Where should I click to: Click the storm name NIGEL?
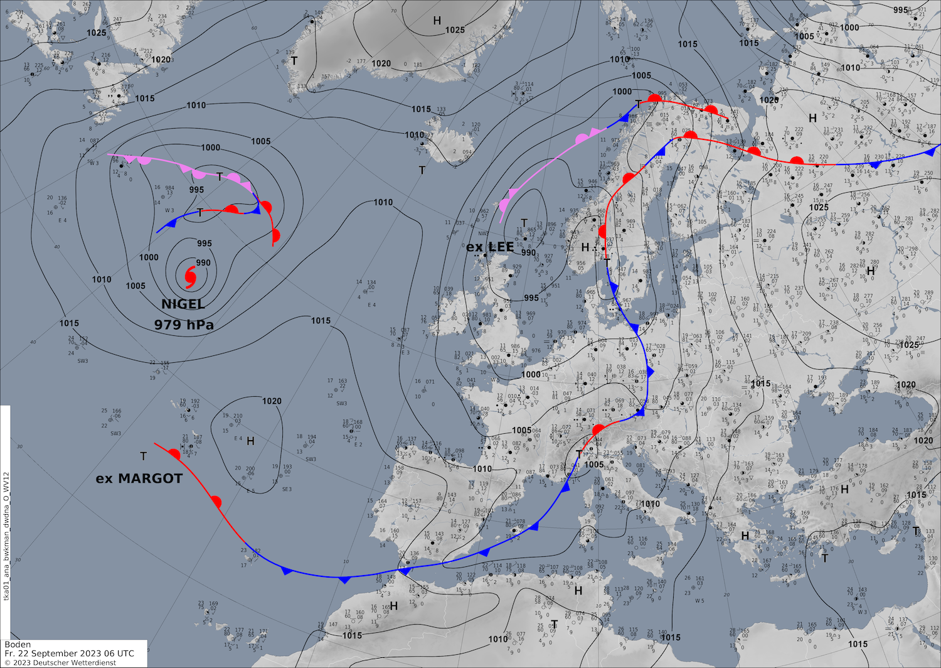point(183,304)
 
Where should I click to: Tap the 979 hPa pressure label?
point(184,325)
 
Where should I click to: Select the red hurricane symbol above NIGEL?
point(190,274)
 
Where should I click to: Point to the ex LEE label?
point(490,247)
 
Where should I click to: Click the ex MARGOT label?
point(139,478)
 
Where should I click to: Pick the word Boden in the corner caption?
point(18,645)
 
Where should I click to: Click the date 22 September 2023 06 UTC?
point(75,654)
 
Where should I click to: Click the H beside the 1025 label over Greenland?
point(437,21)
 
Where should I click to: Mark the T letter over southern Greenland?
point(294,61)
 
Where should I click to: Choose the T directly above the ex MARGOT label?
point(144,456)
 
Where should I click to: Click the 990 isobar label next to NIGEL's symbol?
point(203,263)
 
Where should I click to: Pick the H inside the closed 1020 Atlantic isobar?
point(250,441)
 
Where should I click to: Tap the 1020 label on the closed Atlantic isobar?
point(272,401)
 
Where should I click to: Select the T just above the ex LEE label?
point(524,224)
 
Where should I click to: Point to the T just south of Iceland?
point(422,171)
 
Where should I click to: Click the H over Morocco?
point(394,606)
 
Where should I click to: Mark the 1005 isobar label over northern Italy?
point(594,465)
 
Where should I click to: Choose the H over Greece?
point(745,536)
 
